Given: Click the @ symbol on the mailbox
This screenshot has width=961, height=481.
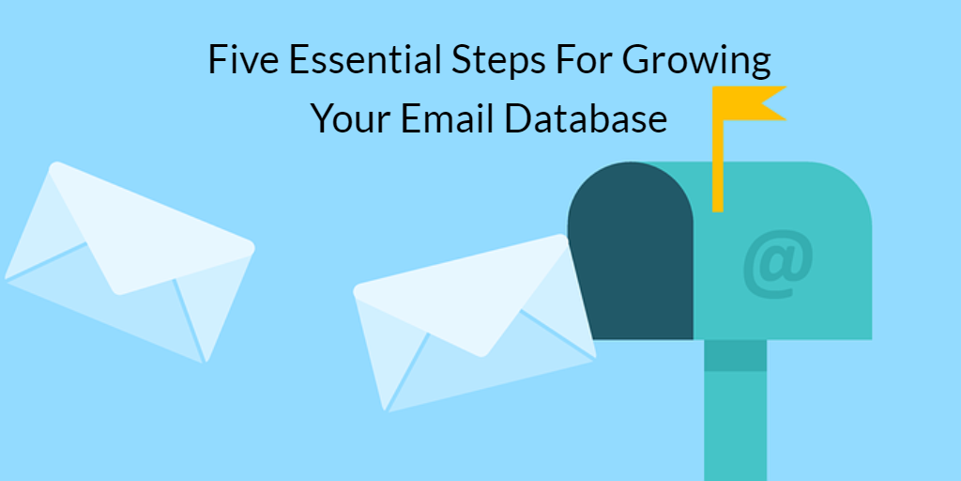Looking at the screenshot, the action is click(778, 264).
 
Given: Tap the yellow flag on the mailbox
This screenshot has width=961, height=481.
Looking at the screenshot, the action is click(749, 103).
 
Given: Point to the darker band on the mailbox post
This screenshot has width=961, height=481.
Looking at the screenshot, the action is click(735, 355).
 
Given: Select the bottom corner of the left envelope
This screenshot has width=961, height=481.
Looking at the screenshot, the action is click(205, 361).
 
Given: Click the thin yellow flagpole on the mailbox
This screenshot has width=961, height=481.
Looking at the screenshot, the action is click(718, 165).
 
